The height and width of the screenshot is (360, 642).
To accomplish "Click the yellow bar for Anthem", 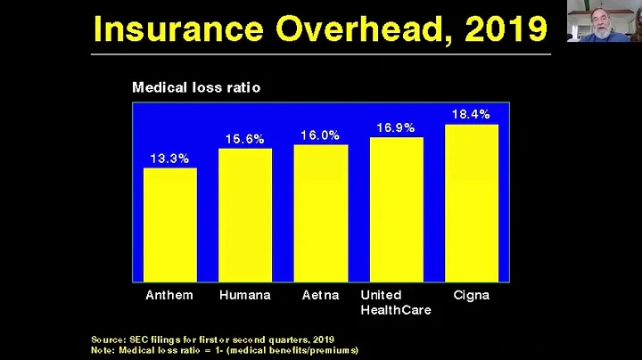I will [x=169, y=225].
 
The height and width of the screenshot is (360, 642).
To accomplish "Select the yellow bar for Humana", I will [x=245, y=215].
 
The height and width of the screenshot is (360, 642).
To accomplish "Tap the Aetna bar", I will [x=320, y=213].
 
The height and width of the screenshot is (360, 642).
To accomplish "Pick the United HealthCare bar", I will [x=396, y=209].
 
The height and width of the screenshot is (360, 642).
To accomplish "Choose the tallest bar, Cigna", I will [x=471, y=203].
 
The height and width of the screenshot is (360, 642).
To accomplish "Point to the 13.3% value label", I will [x=169, y=159].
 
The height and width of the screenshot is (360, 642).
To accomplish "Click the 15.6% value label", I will [x=245, y=139].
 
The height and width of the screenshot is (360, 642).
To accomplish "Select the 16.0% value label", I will [x=320, y=135].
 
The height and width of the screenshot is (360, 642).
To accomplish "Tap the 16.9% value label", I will [x=396, y=127].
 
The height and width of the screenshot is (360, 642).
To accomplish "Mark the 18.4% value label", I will [x=471, y=114].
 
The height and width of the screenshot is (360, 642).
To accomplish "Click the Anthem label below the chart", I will [x=169, y=295].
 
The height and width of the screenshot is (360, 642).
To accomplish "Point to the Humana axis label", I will [x=245, y=295].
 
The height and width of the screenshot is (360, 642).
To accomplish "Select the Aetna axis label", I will [x=320, y=295].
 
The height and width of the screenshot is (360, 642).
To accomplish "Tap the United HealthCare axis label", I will [x=395, y=302].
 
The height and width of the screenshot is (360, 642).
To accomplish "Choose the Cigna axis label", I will [x=471, y=296].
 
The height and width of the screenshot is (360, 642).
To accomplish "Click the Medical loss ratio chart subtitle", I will [x=196, y=87].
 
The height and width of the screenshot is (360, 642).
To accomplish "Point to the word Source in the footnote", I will [x=109, y=339].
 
